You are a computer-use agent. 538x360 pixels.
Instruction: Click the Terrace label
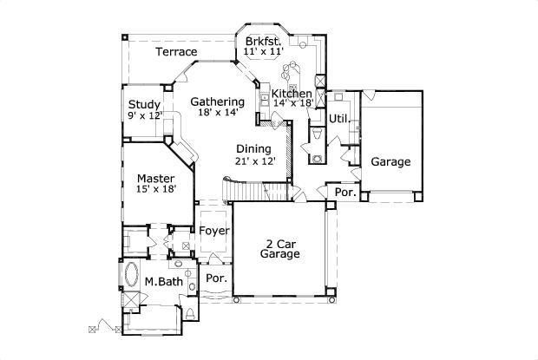[x=175, y=52]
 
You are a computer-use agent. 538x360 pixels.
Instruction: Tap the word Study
[x=144, y=105]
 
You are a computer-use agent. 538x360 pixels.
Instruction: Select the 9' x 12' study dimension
[x=144, y=116]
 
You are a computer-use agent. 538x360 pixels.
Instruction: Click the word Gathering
[x=217, y=101]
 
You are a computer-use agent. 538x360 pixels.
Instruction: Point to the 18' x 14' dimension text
[x=217, y=113]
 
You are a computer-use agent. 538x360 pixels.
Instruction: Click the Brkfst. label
[x=263, y=41]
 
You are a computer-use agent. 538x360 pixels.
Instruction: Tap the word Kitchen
[x=292, y=94]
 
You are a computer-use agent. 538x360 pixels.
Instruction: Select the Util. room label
[x=338, y=118]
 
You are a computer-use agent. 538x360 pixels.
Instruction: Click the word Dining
[x=253, y=148]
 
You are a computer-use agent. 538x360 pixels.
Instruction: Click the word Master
[x=155, y=180]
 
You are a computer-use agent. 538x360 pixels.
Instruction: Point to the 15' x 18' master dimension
[x=155, y=192]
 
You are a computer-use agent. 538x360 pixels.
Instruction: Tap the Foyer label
[x=214, y=231]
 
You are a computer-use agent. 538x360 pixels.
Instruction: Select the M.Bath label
[x=161, y=281]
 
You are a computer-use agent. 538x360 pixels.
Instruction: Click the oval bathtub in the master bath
[x=133, y=277]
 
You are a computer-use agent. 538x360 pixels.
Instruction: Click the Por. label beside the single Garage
[x=345, y=193]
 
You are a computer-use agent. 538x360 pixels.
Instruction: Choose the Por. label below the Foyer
[x=215, y=278]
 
